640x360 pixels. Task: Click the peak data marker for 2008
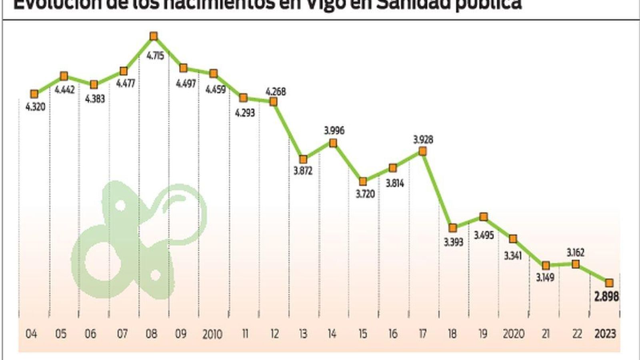coord(153,36)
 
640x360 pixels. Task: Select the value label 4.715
coord(155,56)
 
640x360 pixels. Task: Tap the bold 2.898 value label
coord(606,296)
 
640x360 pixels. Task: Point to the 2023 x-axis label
coord(605,334)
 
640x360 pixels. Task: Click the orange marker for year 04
coord(34,94)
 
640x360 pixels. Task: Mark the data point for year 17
coord(422,151)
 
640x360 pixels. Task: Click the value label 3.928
coord(423,140)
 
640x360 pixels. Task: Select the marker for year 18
coord(453,228)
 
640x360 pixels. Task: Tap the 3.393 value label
coord(453,242)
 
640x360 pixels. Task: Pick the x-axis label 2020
coord(513,334)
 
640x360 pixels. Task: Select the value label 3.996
coord(334,130)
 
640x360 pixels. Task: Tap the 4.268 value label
coord(276,92)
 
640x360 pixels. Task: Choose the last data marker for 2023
coord(609,283)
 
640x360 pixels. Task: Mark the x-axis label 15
coord(362,334)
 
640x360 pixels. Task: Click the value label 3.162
coord(576,252)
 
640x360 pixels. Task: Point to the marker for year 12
coord(274,102)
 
